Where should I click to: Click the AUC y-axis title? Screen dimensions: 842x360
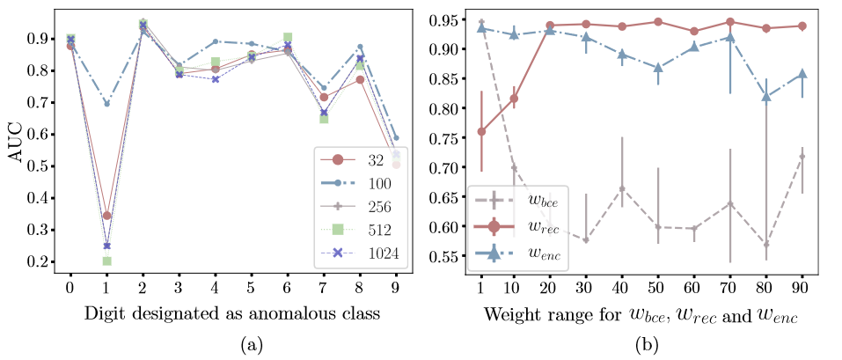17,145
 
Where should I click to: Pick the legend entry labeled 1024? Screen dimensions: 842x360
362,253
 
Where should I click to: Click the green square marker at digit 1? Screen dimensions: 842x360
106,261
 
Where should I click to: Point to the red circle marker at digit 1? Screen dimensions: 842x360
106,216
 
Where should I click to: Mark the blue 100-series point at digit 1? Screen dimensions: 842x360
106,104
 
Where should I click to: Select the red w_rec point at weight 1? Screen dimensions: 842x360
481,131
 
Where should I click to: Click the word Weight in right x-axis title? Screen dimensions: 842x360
502,314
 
